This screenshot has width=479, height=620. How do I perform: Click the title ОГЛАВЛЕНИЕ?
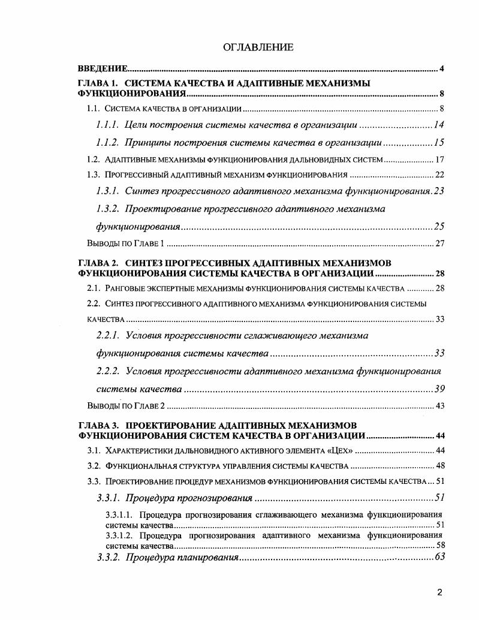[258, 47]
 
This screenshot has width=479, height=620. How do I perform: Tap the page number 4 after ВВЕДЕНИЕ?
[441, 69]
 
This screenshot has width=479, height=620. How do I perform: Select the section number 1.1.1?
[109, 125]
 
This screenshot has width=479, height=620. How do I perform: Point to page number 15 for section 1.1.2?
[439, 143]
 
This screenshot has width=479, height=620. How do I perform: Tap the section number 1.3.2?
[109, 209]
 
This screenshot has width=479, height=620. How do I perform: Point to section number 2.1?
[93, 288]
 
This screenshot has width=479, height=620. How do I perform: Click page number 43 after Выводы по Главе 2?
[439, 406]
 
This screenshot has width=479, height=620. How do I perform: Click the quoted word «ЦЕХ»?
[340, 450]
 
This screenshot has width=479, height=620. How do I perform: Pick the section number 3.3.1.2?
[119, 535]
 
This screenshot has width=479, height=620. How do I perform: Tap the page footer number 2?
[439, 593]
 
